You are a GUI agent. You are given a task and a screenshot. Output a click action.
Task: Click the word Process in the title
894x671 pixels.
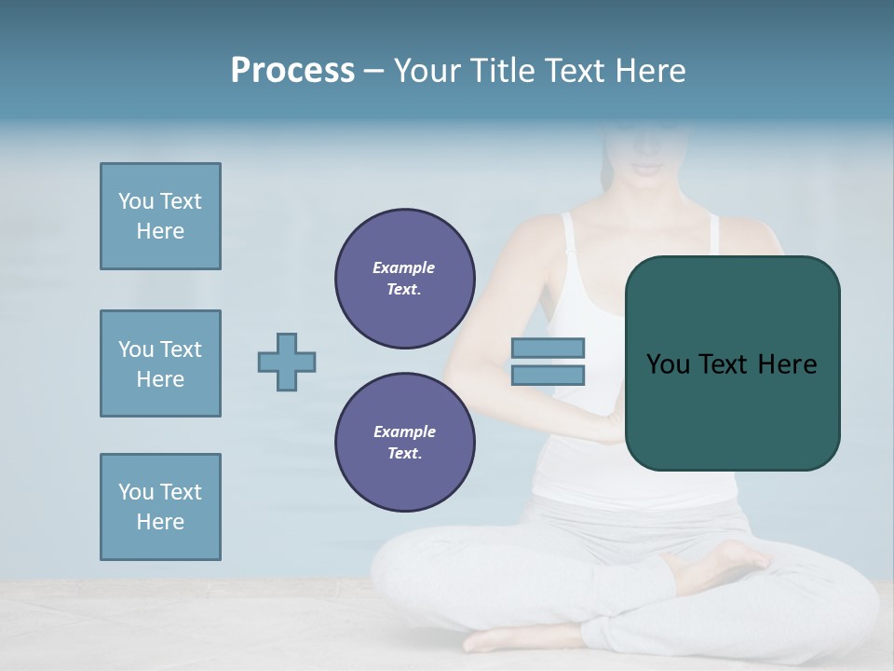[292, 71]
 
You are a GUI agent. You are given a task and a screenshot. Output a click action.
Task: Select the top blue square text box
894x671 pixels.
[160, 216]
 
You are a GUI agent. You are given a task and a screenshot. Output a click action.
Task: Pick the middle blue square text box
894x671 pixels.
[160, 363]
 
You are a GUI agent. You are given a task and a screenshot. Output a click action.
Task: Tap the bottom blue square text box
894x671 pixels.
[160, 507]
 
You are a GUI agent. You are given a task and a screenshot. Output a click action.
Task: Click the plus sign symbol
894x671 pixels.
[287, 362]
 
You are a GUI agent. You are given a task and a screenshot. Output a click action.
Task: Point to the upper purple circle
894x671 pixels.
[404, 279]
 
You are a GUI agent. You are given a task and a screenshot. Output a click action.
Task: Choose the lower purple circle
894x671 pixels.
[404, 443]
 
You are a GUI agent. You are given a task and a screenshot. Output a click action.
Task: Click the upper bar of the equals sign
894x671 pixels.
[548, 348]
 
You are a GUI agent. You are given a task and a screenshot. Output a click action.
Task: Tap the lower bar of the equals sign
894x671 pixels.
[548, 375]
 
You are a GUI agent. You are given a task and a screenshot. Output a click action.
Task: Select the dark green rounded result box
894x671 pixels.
[732, 410]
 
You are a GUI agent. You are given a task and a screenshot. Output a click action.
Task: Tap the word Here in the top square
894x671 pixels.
[160, 231]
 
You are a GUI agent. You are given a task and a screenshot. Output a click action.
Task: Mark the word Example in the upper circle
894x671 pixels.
[404, 267]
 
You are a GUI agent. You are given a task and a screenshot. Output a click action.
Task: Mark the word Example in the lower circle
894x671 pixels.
[404, 431]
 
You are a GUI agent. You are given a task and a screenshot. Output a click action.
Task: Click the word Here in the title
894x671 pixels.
[650, 71]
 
